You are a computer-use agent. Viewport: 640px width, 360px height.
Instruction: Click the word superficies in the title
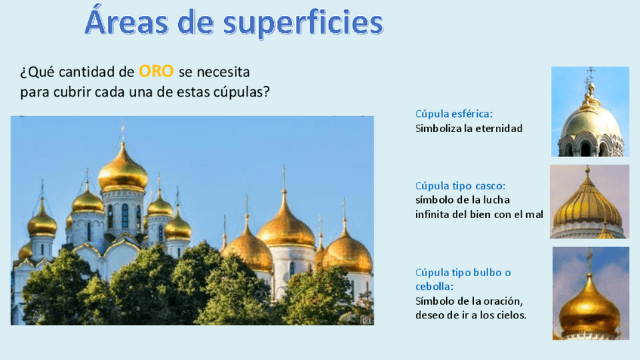tap(303, 23)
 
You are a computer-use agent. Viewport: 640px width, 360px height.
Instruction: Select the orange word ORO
tap(156, 72)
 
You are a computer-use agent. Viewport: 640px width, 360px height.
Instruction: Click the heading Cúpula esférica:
tap(454, 114)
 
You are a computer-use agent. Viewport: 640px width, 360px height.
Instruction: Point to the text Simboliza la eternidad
tap(469, 128)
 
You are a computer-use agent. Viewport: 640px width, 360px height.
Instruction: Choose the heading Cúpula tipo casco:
tap(460, 186)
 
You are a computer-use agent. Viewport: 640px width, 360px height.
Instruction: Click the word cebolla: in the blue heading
tap(435, 287)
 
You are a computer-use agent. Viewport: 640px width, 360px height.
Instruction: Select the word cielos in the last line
tap(509, 314)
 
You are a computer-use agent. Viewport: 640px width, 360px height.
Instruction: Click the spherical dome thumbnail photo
tap(590, 111)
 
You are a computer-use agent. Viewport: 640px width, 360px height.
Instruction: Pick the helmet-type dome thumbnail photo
tap(589, 202)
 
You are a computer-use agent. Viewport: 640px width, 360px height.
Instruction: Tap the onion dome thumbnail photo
tap(590, 293)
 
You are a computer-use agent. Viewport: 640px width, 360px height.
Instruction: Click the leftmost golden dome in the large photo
tap(42, 223)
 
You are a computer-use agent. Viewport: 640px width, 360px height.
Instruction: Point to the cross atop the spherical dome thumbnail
tap(590, 75)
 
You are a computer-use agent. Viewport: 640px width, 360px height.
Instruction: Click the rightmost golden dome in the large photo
tap(348, 252)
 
